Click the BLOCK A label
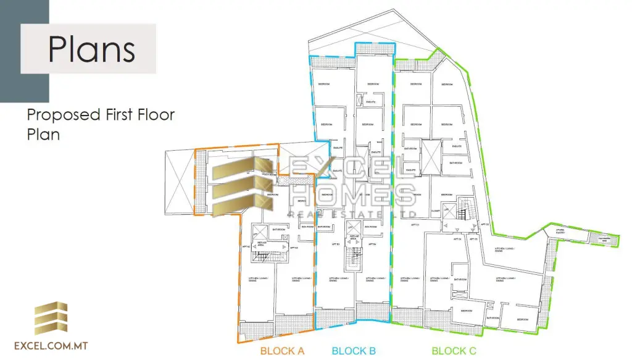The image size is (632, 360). click(282, 351)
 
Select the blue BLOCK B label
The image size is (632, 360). click(354, 351)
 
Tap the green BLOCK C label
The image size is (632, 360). click(454, 351)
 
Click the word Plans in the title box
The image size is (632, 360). click(91, 49)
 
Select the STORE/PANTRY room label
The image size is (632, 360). click(560, 232)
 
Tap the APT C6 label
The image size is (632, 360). click(484, 225)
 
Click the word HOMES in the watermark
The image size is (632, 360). click(352, 195)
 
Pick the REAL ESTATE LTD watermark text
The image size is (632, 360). click(352, 214)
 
